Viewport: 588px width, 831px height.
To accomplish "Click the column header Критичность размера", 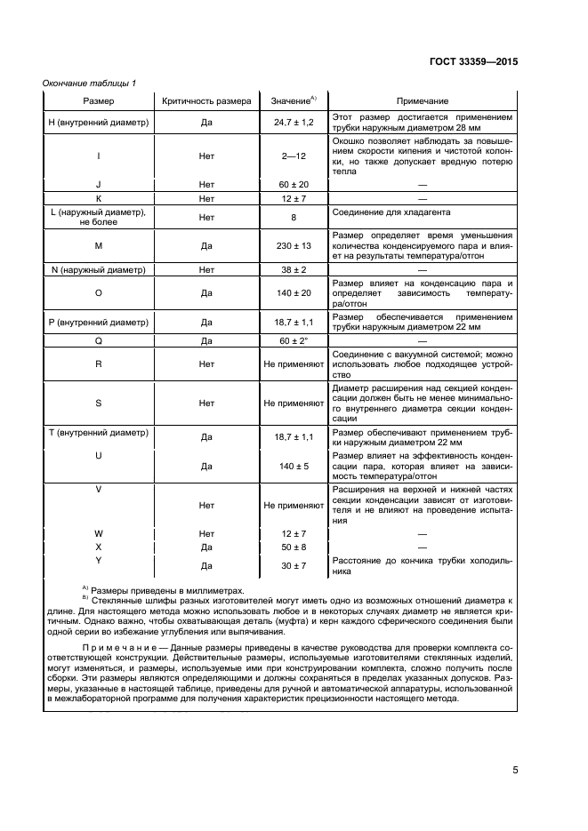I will pyautogui.click(x=206, y=101).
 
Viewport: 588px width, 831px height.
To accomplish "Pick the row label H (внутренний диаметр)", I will pyautogui.click(x=98, y=122).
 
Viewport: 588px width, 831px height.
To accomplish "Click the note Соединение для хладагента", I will pyautogui.click(x=391, y=213).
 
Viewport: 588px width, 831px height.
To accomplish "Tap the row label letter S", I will pyautogui.click(x=98, y=403).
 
